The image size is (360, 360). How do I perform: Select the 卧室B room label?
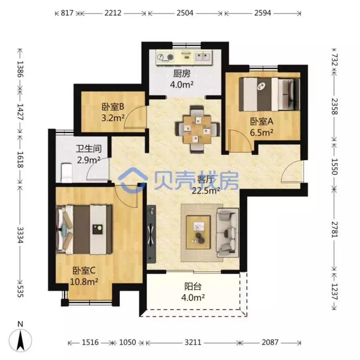pyautogui.click(x=112, y=107)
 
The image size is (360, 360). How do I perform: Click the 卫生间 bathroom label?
pyautogui.click(x=89, y=148)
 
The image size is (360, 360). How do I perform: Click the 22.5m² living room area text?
pyautogui.click(x=206, y=191)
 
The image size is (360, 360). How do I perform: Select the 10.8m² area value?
pyautogui.click(x=85, y=281)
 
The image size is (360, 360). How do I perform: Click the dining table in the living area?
pyautogui.click(x=198, y=129)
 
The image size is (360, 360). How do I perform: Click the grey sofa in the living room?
pyautogui.click(x=228, y=232)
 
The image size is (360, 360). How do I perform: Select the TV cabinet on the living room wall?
pyautogui.click(x=151, y=232)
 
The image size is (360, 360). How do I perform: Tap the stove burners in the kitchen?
pyautogui.click(x=165, y=57)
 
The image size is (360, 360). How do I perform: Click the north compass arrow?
pyautogui.click(x=21, y=338)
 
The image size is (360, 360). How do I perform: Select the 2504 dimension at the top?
pyautogui.click(x=185, y=13)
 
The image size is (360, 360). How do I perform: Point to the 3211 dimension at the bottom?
pyautogui.click(x=193, y=343)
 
